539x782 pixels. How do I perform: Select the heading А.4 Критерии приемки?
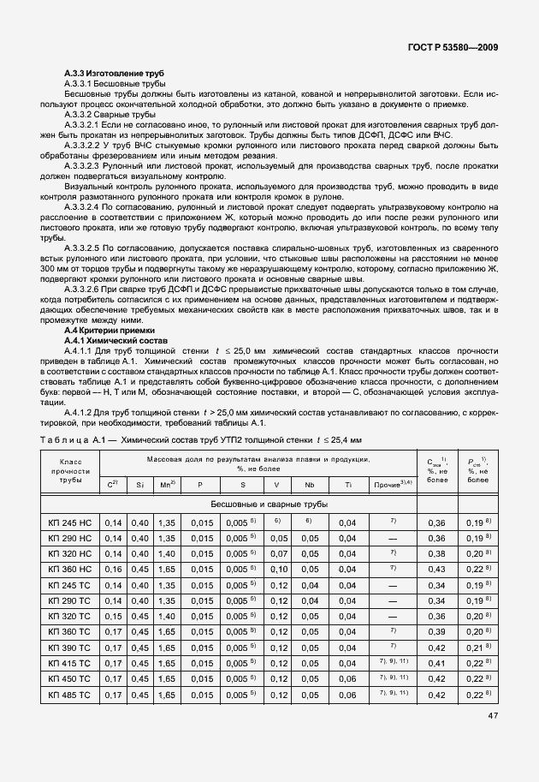tap(110, 330)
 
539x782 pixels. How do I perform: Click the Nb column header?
tap(309, 484)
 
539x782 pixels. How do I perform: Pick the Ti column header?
tap(347, 484)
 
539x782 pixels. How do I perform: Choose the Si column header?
tap(139, 484)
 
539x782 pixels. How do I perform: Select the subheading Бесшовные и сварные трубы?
tap(258, 504)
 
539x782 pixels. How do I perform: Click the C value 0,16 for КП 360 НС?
tap(112, 570)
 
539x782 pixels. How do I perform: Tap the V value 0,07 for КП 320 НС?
tap(276, 554)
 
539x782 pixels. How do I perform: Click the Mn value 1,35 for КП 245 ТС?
tap(168, 586)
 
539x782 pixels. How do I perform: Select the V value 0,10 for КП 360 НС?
tap(276, 570)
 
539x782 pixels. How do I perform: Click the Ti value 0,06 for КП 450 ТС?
tap(347, 679)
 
